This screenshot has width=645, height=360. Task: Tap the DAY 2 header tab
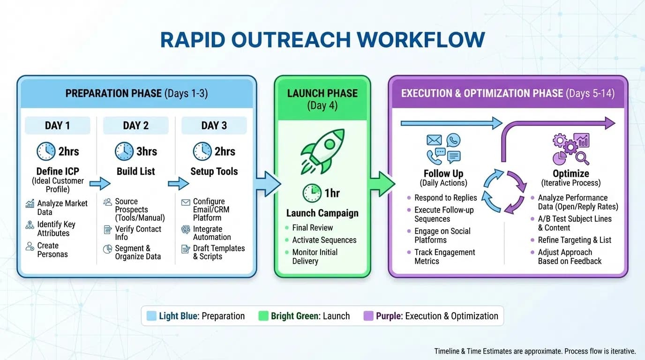tap(135, 126)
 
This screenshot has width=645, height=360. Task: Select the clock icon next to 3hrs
tap(124, 151)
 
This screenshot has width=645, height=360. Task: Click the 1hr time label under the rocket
tap(332, 193)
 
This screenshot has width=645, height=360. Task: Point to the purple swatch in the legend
tap(368, 316)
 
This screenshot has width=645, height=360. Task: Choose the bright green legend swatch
tap(263, 316)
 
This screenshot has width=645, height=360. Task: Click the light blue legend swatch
tap(151, 316)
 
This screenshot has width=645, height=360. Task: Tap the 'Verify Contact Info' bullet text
tap(138, 233)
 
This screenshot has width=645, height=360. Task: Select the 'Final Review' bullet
tap(312, 228)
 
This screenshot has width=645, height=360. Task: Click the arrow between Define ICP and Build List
tap(100, 184)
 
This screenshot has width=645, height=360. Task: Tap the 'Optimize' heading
tap(570, 173)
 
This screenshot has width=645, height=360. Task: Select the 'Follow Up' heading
tap(443, 173)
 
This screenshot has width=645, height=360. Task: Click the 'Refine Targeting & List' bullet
tap(574, 240)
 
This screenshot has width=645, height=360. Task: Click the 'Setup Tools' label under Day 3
tap(214, 172)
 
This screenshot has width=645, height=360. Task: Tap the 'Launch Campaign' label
tap(322, 213)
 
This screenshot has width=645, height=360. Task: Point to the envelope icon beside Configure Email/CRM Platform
tap(186, 202)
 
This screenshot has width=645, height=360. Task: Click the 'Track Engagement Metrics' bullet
tap(444, 256)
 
